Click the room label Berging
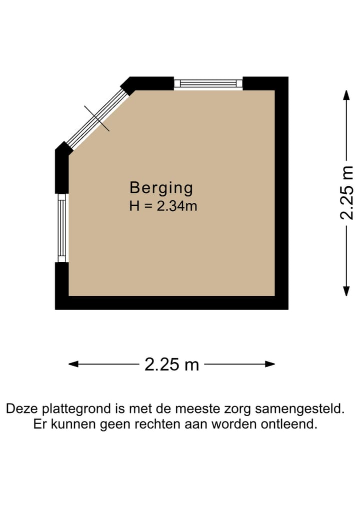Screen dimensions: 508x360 pos(161,188)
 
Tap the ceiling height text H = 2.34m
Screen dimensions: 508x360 pos(163,206)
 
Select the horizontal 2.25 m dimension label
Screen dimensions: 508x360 pos(171,365)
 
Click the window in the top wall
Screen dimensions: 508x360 pos(208,83)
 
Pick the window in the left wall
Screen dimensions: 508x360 pos(61,227)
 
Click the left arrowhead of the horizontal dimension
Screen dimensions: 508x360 pos(73,364)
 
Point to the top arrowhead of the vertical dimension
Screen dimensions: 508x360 pos(346,95)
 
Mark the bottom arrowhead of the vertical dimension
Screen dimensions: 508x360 pos(346,291)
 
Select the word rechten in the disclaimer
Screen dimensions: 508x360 pos(163,425)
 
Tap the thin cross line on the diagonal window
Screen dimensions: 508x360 pos(96,118)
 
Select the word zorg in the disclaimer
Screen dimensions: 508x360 pos(236,410)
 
